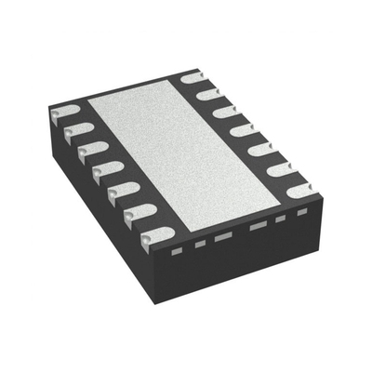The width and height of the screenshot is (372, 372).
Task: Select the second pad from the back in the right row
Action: pos(209,93)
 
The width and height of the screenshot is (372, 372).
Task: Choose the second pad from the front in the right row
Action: pos(281,169)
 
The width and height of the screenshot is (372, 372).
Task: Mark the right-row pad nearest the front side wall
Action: pos(300,191)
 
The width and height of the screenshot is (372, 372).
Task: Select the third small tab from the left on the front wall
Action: pos(223,237)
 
